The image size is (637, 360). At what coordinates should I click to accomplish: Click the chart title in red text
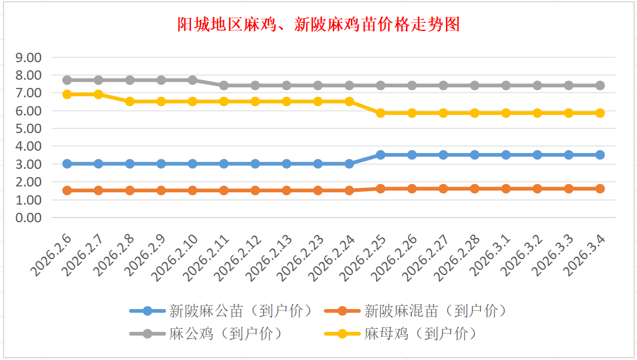click(x=318, y=25)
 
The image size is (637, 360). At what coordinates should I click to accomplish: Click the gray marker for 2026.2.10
click(x=193, y=80)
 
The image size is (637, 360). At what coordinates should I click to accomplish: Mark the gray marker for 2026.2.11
click(x=224, y=85)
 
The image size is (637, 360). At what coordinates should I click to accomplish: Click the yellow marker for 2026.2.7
click(x=98, y=94)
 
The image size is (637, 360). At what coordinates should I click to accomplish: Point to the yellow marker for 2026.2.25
click(x=380, y=113)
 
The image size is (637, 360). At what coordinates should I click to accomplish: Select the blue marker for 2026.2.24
click(x=349, y=164)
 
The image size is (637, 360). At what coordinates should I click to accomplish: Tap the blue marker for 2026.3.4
click(x=599, y=155)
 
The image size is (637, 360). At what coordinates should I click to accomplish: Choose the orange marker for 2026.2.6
click(x=67, y=190)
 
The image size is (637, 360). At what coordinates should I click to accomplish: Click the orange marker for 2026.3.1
click(x=506, y=188)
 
